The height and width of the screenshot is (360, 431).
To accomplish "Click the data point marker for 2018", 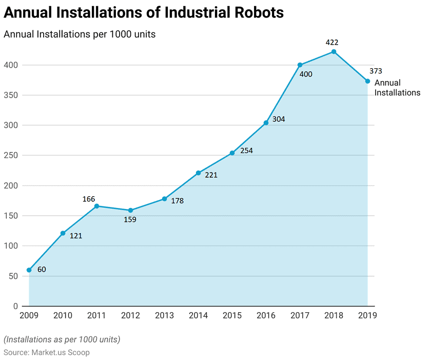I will pos(334,51).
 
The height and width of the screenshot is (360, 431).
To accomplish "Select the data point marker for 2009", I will pos(29,270).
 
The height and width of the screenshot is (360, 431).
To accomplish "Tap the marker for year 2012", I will pos(131,210).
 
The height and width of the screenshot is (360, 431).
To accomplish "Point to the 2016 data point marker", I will pos(266,123).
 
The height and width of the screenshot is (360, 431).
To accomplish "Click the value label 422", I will pos(332,42).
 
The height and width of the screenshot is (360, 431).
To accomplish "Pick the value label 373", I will pos(376,71).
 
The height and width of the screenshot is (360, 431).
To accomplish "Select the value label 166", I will pos(89,199).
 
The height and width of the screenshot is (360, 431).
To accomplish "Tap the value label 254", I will pos(246,151).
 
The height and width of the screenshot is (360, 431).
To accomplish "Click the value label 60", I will pos(42,269).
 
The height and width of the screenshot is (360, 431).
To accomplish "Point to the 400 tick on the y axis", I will pos(12,65).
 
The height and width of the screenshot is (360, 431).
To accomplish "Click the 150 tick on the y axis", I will pos(12,216).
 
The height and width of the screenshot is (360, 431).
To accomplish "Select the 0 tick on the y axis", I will pos(16,306).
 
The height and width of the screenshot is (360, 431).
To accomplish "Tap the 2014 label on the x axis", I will pos(199,316).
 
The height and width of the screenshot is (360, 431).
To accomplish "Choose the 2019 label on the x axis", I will pos(367,316).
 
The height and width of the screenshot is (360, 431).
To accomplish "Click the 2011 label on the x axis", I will pos(97,316).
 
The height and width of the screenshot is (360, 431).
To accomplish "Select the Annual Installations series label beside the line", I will pos(397,88).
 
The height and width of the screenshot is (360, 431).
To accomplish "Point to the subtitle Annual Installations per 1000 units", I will pos(80,34).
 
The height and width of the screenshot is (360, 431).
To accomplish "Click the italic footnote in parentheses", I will pos(62,339).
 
